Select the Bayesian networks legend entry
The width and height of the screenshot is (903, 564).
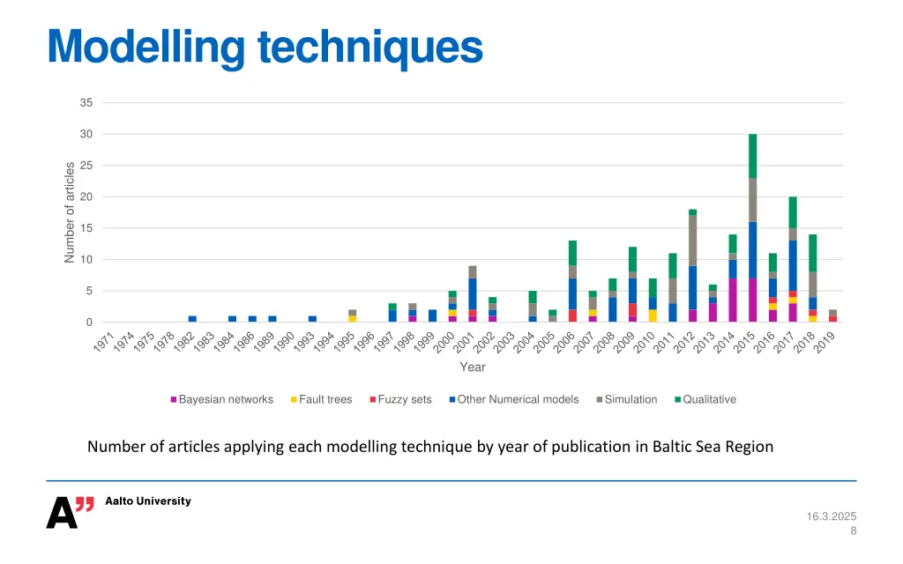point(226,399)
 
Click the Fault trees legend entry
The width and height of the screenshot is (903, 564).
point(325,399)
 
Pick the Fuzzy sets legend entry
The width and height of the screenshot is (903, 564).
point(404,399)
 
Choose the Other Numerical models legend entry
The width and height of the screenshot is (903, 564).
point(518,399)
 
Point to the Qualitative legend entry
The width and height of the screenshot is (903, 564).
point(709,399)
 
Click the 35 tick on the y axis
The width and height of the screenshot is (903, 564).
point(86,103)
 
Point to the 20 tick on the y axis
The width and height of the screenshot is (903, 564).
point(86,197)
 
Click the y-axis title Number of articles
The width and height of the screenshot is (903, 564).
point(70,212)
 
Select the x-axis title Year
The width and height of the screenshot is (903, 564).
point(472,367)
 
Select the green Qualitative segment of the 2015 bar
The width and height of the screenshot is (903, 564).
point(752,156)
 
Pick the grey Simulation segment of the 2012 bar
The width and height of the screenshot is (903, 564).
point(692,240)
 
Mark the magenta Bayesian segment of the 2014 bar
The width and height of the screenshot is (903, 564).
point(732,300)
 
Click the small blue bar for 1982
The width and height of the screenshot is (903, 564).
point(192,319)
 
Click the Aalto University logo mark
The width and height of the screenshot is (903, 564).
point(70,512)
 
